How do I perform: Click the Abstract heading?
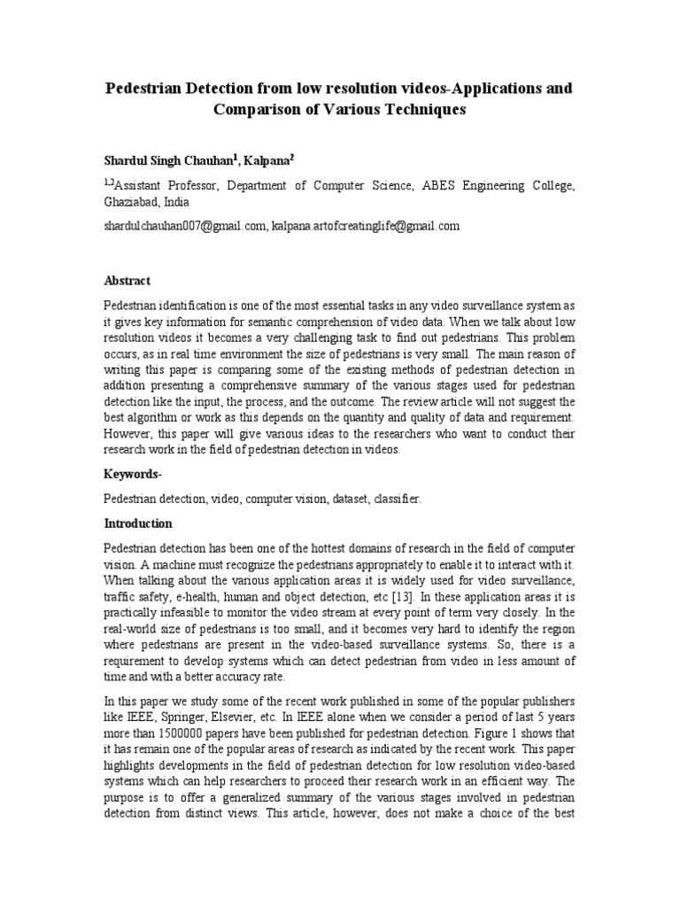click(127, 281)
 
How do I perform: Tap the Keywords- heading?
click(133, 475)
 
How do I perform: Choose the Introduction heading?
click(138, 523)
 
